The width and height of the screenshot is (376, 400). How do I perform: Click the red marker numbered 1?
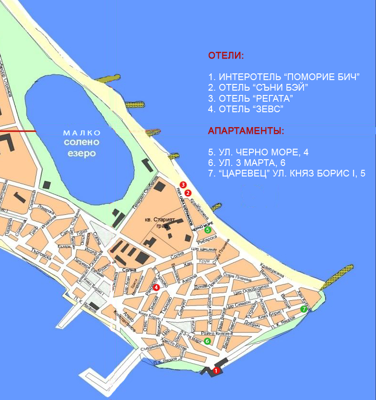coord(216,370)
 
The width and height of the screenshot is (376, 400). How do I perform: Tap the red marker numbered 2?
coord(188,192)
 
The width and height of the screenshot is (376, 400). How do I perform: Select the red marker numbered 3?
coord(183,185)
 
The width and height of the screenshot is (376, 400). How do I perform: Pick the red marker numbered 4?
coord(156,287)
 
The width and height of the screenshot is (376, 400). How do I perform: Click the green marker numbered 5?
coord(208,230)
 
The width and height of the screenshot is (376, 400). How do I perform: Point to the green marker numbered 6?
coord(207,341)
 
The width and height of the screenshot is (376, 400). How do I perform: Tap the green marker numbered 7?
coord(304,309)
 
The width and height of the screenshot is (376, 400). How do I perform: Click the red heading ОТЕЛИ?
coord(225,56)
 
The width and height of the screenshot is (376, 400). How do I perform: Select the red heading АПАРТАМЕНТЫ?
coord(246,130)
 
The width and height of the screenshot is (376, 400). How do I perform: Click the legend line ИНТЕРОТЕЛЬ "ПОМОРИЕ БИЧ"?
coord(284,77)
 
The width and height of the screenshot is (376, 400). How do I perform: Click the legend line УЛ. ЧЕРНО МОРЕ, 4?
coord(258,152)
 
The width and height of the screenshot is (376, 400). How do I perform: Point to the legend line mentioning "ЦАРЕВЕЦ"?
coord(287,174)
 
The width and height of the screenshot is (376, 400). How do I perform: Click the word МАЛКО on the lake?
coord(82,133)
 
